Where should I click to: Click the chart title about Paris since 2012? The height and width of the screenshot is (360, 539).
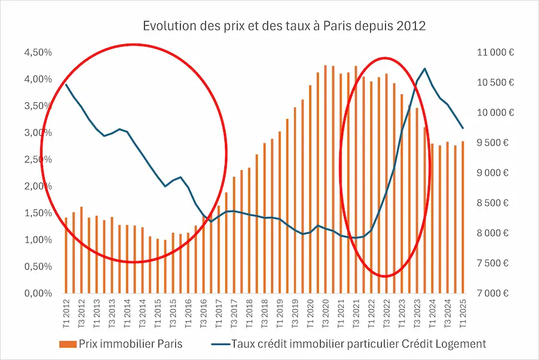pos(284,26)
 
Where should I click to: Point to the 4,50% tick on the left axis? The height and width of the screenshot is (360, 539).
pos(38,53)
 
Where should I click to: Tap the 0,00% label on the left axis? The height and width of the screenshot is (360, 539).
pos(38,294)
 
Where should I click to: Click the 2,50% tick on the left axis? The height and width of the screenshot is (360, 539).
pos(38,160)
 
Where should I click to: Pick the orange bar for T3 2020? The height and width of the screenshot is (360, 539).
pos(325,179)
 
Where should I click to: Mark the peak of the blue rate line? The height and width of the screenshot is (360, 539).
pos(425,69)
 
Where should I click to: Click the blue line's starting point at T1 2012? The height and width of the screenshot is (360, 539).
pos(66,84)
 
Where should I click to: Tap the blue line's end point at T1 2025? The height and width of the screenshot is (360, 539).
pos(462,128)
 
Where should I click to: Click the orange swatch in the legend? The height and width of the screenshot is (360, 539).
pos(68,344)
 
